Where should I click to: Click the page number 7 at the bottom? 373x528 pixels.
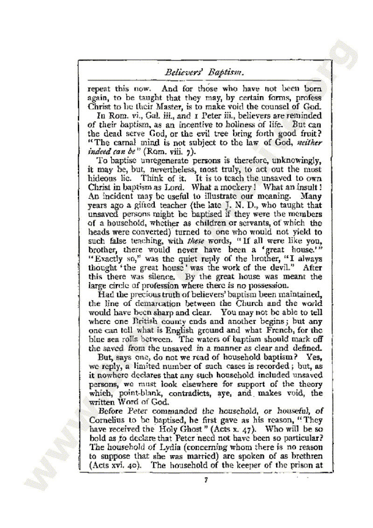point(205,481)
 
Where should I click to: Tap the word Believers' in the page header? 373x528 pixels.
point(185,72)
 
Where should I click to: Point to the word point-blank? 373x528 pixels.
point(134,393)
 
